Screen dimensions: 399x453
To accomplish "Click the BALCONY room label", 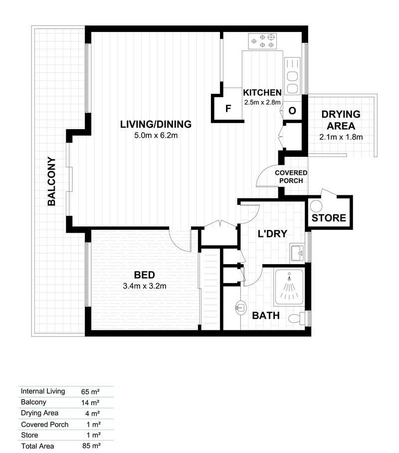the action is pyautogui.click(x=51, y=181).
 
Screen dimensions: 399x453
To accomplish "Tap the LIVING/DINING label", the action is pyautogui.click(x=156, y=124).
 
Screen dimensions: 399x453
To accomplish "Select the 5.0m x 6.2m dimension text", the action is pyautogui.click(x=156, y=135).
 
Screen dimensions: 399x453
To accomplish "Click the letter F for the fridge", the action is pyautogui.click(x=228, y=109).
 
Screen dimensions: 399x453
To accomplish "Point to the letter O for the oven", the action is pyautogui.click(x=292, y=111).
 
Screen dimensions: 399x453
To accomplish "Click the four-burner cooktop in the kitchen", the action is pyautogui.click(x=262, y=41).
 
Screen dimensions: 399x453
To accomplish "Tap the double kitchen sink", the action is pyautogui.click(x=292, y=76).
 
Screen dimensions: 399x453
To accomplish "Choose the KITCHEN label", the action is pyautogui.click(x=262, y=93).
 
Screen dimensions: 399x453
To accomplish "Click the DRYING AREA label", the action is pyautogui.click(x=341, y=120).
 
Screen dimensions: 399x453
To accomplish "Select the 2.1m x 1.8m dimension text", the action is pyautogui.click(x=341, y=137).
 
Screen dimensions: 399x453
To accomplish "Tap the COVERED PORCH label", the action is pyautogui.click(x=291, y=176).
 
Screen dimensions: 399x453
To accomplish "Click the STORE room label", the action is pyautogui.click(x=329, y=218).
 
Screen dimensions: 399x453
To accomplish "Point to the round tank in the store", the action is pyautogui.click(x=316, y=206).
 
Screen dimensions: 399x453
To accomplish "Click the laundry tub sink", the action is pyautogui.click(x=297, y=253).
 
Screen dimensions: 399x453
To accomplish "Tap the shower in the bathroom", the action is pyautogui.click(x=289, y=287).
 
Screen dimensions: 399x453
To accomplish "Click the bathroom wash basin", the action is pyautogui.click(x=240, y=307).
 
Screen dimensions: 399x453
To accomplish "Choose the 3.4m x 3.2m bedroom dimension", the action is pyautogui.click(x=145, y=286).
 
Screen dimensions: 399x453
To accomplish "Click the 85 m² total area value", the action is pyautogui.click(x=91, y=446).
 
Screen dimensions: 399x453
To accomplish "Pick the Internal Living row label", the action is pyautogui.click(x=43, y=391).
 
